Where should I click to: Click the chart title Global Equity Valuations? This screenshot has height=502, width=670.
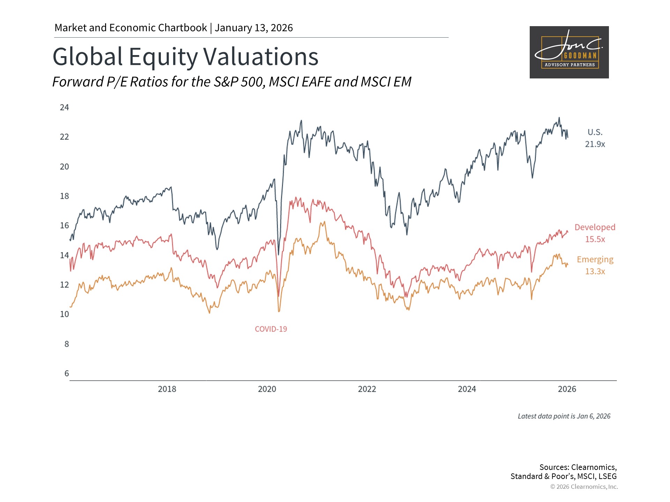(x=185, y=56)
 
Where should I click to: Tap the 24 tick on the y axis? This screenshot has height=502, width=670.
(x=64, y=107)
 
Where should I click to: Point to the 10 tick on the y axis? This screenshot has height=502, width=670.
(x=64, y=314)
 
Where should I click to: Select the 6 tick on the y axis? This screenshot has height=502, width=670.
(x=66, y=373)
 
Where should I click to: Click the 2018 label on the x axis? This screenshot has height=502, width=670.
(x=167, y=389)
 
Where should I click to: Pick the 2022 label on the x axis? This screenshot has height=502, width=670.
(x=367, y=389)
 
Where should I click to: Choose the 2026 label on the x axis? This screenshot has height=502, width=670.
(x=567, y=389)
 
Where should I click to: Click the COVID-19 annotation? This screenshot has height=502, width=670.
(x=271, y=329)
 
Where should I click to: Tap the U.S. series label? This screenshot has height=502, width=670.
(x=595, y=132)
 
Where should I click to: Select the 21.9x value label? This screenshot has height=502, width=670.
(x=595, y=144)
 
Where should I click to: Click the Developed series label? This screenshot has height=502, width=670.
(x=595, y=227)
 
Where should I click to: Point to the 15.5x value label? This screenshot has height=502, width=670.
(x=595, y=239)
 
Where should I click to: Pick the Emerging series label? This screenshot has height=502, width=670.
(x=595, y=259)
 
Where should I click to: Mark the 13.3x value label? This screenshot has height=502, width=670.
(x=595, y=271)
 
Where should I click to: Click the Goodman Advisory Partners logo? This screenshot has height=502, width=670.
(x=569, y=52)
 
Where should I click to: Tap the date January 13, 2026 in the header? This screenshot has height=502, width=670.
(x=254, y=28)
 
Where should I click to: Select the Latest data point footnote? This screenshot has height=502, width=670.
(x=564, y=416)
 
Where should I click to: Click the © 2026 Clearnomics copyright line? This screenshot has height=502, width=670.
(x=584, y=487)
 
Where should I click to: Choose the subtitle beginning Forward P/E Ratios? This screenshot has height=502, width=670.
(x=232, y=82)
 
